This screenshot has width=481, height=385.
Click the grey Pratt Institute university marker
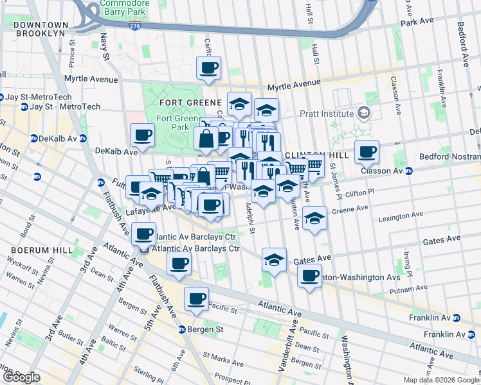365,114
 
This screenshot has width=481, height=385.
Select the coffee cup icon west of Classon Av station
367,152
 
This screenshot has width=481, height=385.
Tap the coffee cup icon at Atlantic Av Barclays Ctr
144,234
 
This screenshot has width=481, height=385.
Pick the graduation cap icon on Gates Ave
275,260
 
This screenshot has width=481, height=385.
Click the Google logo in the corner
21,377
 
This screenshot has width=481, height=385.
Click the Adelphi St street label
251,219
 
